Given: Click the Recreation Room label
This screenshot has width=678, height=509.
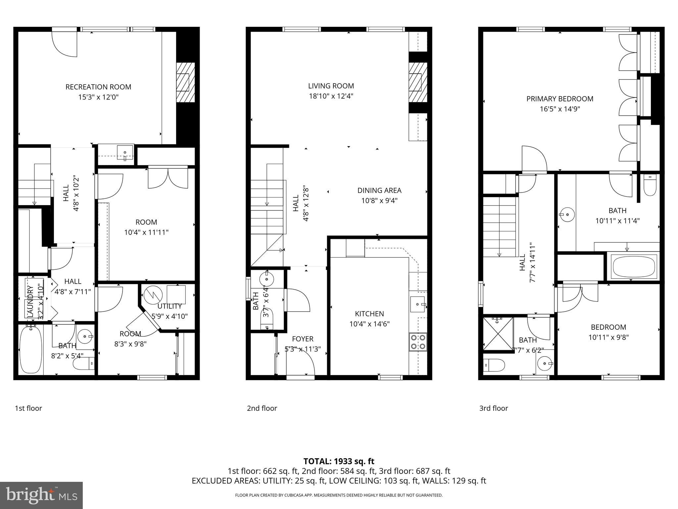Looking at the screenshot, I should [98, 87].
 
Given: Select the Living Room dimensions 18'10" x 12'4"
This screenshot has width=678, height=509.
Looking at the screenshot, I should [331, 96].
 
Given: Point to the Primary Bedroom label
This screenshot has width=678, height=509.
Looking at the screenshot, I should [560, 99].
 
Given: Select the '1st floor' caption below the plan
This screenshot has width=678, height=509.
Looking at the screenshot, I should [28, 408].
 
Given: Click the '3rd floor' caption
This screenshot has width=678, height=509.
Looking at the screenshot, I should [493, 408].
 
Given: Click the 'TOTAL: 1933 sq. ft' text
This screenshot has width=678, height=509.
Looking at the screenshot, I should [339, 461].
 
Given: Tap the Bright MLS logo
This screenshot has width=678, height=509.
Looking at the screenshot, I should [41, 495].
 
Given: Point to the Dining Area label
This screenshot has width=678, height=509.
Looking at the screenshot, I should [379, 191].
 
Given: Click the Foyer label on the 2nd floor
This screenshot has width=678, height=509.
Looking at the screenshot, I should [303, 339].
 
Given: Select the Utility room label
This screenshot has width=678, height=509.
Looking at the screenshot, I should [169, 306].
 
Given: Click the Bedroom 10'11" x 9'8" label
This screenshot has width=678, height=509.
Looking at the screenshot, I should [608, 327].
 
